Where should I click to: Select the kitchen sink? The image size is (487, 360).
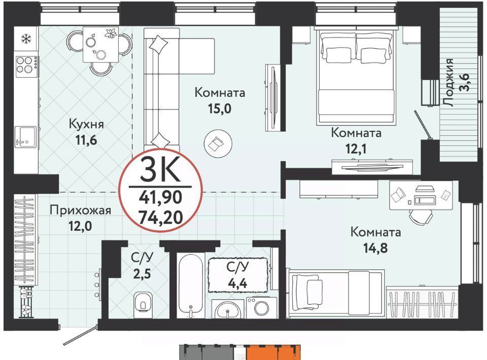click(x=26, y=136)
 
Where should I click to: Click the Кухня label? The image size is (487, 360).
click(x=86, y=124)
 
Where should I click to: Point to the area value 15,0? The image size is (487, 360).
click(x=220, y=109)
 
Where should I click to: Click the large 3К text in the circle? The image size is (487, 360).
click(x=160, y=169)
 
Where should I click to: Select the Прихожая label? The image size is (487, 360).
click(x=81, y=210)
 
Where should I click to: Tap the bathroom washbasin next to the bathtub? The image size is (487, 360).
click(x=228, y=309)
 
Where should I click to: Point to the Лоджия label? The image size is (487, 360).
click(x=448, y=82)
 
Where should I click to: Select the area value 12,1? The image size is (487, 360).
click(x=356, y=149)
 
